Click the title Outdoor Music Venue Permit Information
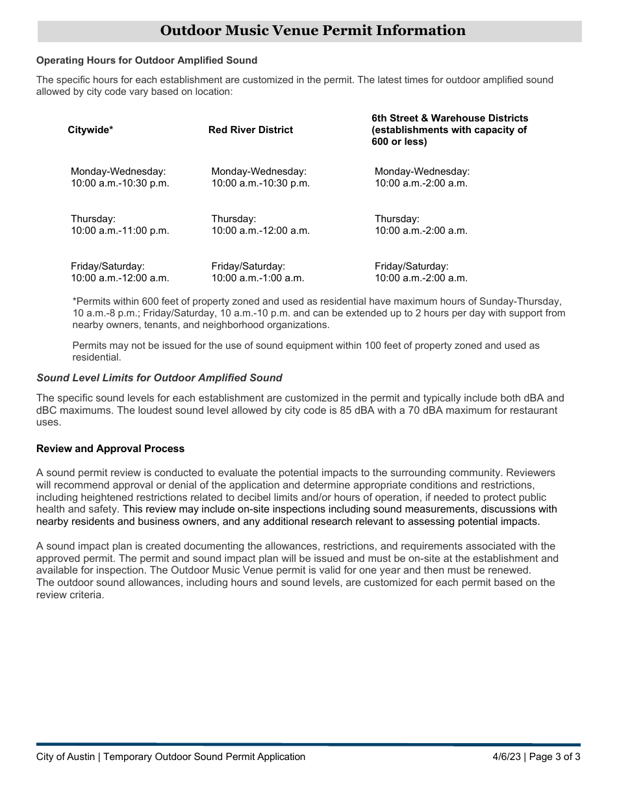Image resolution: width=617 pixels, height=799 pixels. click(312, 31)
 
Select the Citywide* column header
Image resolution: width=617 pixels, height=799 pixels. click(90, 130)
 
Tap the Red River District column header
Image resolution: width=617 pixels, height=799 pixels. click(250, 130)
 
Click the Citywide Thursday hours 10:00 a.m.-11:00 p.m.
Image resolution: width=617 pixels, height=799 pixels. click(120, 231)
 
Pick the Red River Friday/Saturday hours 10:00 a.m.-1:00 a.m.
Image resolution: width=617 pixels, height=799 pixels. click(257, 278)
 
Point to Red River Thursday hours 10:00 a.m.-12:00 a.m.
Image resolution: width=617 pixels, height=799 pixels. click(260, 231)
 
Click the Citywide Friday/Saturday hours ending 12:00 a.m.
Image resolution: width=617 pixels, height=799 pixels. click(120, 278)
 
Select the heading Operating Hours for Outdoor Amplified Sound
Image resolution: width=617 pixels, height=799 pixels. click(147, 60)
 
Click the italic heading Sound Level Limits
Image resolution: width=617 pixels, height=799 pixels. click(159, 377)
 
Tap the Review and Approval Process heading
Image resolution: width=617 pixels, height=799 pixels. click(110, 449)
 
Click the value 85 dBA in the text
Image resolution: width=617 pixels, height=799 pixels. click(357, 410)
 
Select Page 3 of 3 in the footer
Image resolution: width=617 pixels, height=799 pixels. click(555, 756)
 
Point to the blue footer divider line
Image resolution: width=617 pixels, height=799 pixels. click(308, 744)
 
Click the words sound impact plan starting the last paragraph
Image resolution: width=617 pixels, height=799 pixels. click(83, 546)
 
